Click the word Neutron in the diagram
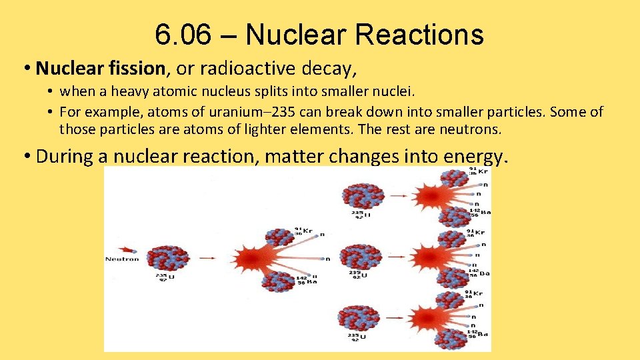(122, 259)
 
